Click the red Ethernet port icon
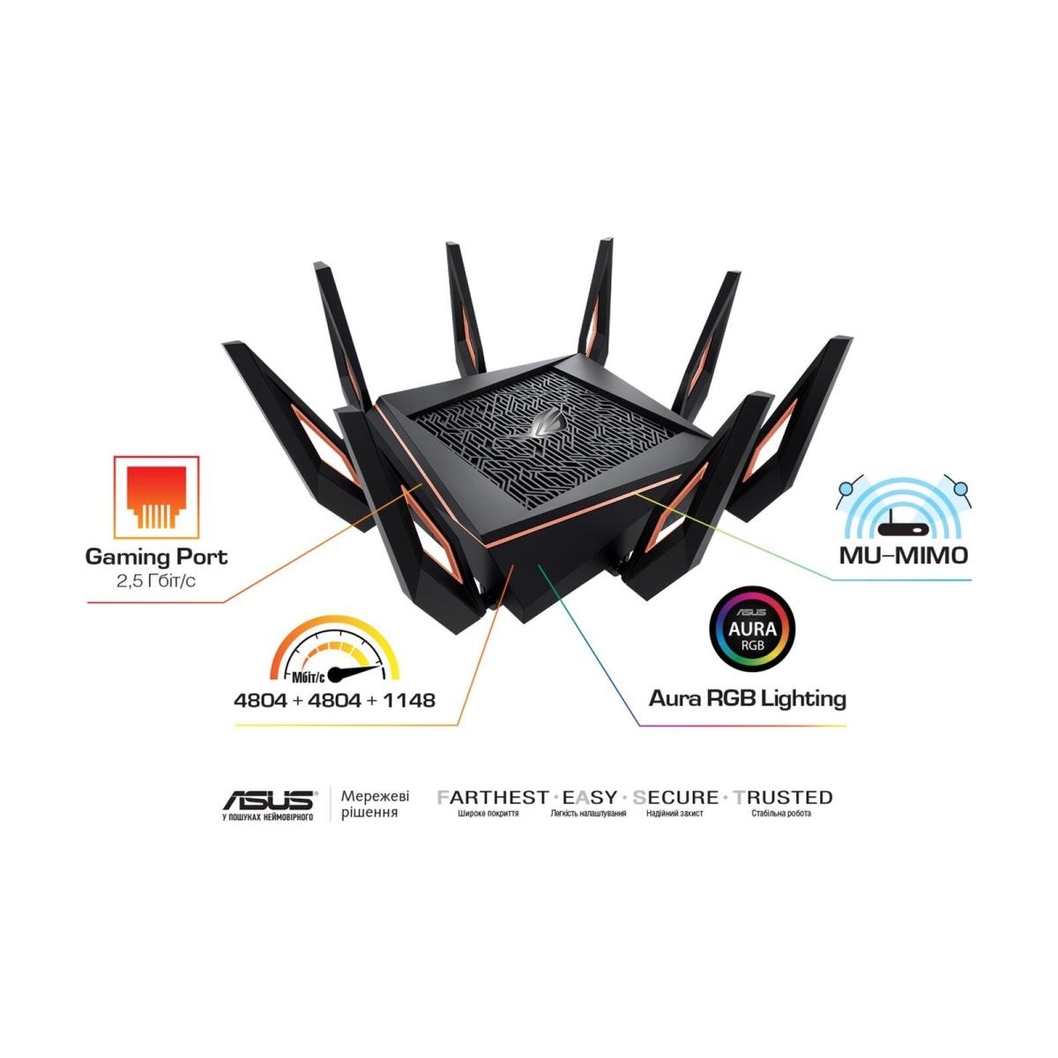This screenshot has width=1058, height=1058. point(156,497)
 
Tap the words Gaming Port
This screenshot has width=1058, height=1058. point(156,556)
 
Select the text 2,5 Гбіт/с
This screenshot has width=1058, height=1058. point(156,581)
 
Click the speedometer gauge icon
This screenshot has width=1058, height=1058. point(334,650)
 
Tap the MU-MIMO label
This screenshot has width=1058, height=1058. point(903,556)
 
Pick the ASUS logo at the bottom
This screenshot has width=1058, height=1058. point(269,801)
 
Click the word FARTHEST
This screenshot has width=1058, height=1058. point(493,797)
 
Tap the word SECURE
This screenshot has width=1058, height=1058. point(675,797)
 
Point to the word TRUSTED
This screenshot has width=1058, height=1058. point(783,797)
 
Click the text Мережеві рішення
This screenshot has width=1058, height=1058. point(375,804)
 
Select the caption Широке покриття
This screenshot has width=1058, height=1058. point(488,814)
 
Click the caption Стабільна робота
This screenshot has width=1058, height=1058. point(781,814)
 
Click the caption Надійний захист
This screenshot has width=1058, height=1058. point(674,814)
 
